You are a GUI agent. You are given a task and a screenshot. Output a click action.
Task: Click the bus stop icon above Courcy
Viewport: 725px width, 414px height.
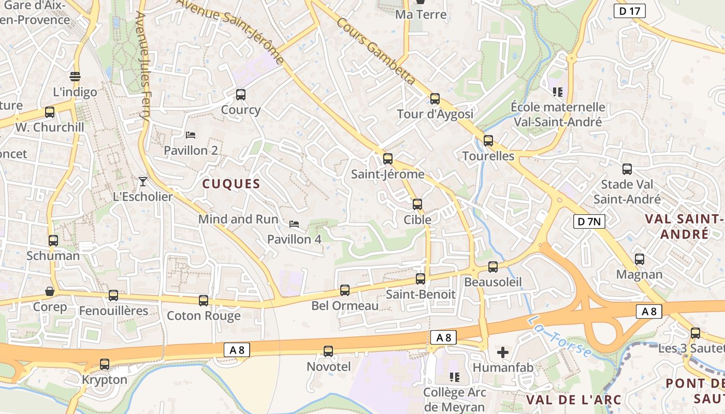tap(240, 94)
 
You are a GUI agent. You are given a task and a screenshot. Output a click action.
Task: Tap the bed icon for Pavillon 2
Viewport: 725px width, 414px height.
tap(191, 135)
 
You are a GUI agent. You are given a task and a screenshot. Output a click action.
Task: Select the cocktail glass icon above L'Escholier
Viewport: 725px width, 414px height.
tap(143, 181)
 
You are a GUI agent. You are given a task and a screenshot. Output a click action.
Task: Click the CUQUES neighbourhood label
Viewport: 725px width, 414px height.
tap(231, 184)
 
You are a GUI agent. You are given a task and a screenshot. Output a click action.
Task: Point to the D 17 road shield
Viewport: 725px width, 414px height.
tap(630, 11)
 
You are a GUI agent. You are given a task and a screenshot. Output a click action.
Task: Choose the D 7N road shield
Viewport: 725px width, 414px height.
tap(589, 222)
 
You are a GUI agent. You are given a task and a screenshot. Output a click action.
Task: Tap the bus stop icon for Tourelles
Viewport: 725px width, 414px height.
tap(488, 140)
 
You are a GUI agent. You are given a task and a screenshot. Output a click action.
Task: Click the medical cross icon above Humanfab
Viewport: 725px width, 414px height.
tap(502, 352)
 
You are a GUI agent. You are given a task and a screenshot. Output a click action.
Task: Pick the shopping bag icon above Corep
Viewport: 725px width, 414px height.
tap(50, 291)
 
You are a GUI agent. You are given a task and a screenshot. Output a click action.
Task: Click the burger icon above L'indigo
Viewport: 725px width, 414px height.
tap(75, 77)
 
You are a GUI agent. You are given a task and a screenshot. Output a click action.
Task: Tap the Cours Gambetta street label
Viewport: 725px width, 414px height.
tap(376, 51)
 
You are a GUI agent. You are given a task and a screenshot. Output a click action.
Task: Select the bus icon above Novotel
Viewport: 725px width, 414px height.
tap(328, 351)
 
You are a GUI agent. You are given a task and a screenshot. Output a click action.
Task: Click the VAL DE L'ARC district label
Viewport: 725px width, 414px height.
tap(574, 400)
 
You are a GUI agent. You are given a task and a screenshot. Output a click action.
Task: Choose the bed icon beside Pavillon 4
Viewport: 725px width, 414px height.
tap(294, 224)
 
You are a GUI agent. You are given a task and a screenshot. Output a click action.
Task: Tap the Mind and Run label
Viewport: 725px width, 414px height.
tap(238, 219)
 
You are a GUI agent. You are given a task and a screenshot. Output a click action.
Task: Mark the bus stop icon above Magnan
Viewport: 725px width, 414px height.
tap(640, 259)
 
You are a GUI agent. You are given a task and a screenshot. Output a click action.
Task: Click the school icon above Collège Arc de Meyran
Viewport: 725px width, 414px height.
tap(455, 377)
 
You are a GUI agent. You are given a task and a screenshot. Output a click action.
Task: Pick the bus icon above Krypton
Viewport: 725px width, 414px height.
tap(105, 364)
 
